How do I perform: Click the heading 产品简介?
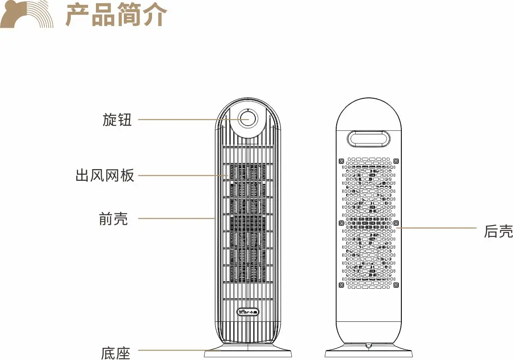point(116,15)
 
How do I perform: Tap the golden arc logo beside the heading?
point(27,15)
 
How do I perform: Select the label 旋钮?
point(117,120)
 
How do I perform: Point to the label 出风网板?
point(105,176)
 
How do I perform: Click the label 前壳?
point(113,219)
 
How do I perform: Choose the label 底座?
point(116,353)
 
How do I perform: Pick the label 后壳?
point(498,231)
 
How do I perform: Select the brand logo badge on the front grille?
point(248,311)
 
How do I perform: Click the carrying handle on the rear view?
point(368,139)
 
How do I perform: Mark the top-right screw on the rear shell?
point(396,161)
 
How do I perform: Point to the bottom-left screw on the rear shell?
point(341,285)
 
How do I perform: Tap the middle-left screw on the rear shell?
point(341,223)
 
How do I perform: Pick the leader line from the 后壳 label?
point(439,227)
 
